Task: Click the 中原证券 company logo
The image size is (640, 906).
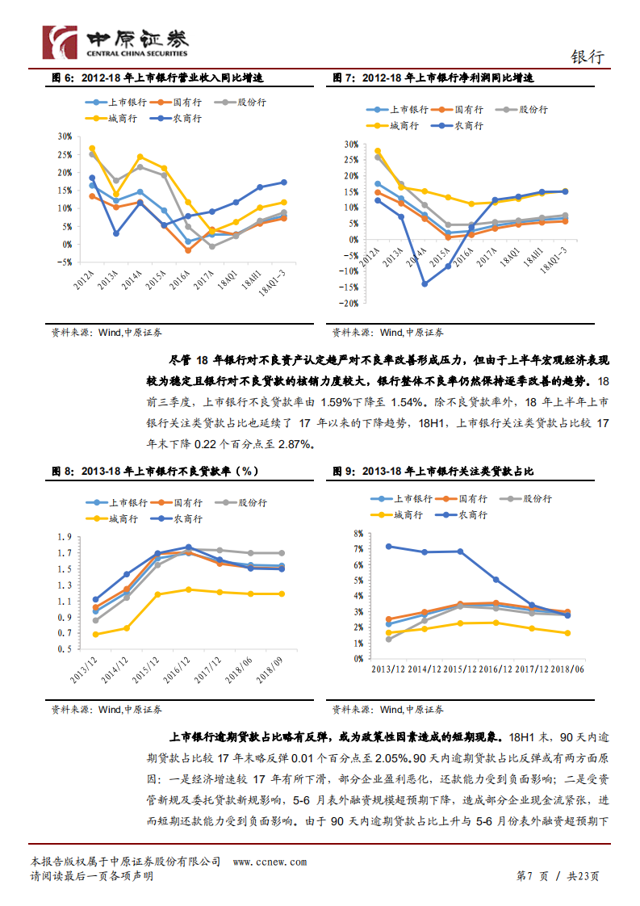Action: click(115, 42)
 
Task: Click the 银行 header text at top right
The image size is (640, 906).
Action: click(587, 57)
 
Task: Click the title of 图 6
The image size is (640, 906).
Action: click(157, 78)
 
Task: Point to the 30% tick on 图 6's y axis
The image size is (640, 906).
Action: click(65, 136)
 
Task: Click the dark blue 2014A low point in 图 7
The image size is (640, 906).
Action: click(425, 283)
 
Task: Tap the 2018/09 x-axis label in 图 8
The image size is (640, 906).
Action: click(273, 667)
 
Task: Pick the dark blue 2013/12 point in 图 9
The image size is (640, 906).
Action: click(389, 546)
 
